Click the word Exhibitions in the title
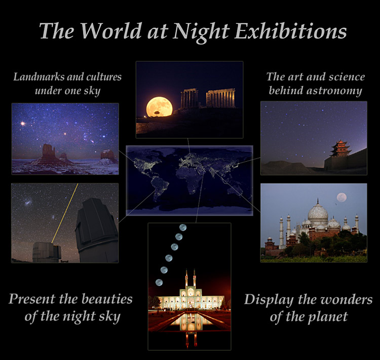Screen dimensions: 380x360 tap(291, 31)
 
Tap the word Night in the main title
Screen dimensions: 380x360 tap(201, 32)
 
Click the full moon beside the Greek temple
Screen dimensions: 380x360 tap(160, 107)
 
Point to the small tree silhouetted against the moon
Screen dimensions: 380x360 tap(157, 113)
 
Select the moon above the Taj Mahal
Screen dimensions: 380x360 tap(341, 197)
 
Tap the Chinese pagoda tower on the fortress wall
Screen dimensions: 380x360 tap(340, 149)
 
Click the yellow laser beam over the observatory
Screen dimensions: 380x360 tap(65, 213)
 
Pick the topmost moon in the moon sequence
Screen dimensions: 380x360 tap(183, 227)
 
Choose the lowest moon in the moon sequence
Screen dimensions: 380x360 tap(159, 282)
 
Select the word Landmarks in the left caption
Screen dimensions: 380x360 tap(39, 77)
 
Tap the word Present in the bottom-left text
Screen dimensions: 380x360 tap(32, 299)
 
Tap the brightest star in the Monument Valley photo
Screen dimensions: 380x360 tap(23, 124)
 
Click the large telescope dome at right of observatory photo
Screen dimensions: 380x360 tap(96, 230)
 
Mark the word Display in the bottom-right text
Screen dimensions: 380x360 tap(269, 300)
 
